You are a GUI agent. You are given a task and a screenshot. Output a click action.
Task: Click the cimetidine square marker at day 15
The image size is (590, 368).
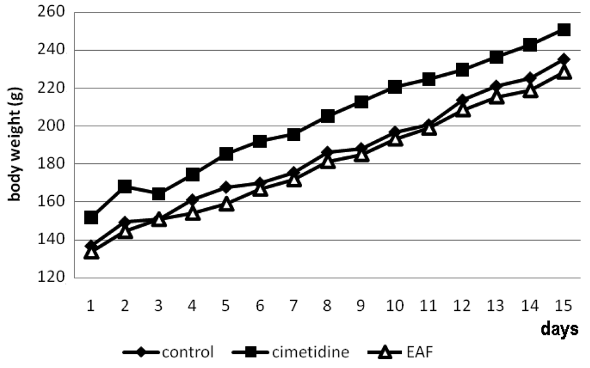pos(563,29)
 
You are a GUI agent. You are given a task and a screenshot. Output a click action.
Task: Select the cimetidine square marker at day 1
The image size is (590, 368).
pos(91,218)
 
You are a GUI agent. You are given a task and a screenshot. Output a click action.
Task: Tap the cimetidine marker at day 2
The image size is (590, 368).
pos(124,187)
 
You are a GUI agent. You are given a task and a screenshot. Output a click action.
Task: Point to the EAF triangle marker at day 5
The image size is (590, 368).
pos(227,205)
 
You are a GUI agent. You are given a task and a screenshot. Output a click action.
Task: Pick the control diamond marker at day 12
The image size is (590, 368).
pos(462,100)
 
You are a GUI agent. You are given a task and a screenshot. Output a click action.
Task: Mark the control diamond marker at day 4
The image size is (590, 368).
pos(192,200)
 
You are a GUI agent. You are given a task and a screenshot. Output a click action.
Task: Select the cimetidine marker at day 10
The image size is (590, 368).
pos(395,87)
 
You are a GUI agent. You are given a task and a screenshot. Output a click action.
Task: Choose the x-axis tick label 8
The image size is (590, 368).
pos(327,305)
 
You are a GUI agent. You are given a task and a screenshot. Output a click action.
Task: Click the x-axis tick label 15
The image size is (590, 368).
pos(563,305)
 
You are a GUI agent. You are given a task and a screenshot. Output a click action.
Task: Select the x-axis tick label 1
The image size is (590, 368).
pos(91,305)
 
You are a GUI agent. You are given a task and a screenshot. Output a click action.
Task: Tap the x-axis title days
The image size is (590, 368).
pos(559,328)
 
